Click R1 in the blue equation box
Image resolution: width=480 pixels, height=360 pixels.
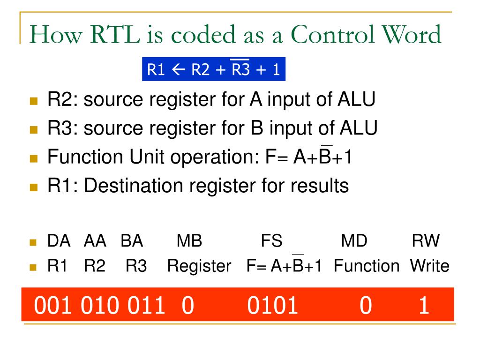click(x=157, y=70)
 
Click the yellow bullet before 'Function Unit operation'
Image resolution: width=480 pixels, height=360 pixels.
click(x=33, y=159)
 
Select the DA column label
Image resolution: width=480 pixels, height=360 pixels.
click(x=59, y=241)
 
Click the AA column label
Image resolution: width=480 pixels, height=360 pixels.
click(x=95, y=241)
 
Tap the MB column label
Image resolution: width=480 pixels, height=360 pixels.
click(x=189, y=241)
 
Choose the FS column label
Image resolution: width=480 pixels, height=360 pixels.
click(x=271, y=241)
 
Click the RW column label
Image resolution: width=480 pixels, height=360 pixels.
click(x=426, y=241)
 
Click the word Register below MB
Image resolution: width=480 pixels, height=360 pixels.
click(x=199, y=266)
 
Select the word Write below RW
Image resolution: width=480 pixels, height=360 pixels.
click(x=429, y=266)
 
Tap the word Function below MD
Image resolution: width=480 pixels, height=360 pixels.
click(x=367, y=266)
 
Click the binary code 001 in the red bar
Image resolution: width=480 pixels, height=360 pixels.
click(x=53, y=306)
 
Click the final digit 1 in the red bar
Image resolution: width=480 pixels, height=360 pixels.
click(x=424, y=306)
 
